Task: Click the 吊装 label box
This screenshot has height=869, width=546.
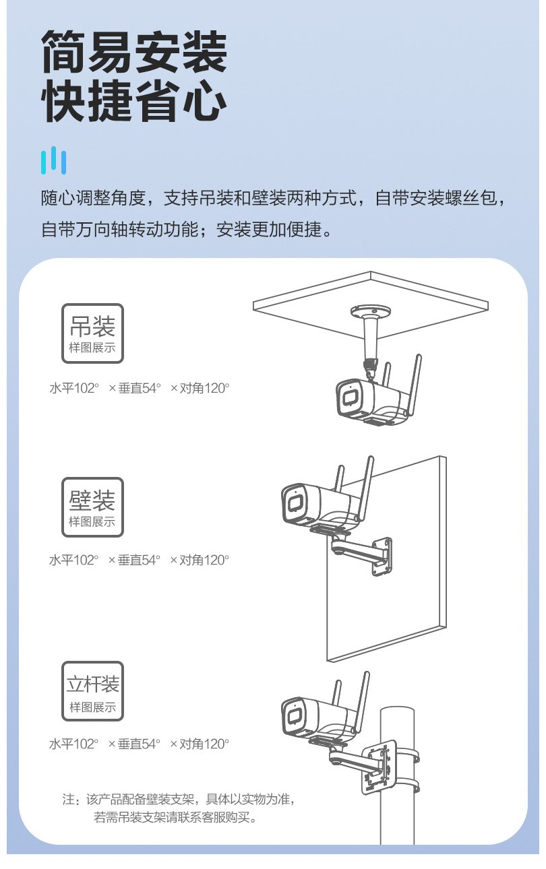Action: click(x=92, y=333)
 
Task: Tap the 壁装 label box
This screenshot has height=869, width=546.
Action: click(x=92, y=507)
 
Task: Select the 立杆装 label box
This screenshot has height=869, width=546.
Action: click(x=92, y=691)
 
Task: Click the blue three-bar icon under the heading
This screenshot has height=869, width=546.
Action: click(x=53, y=160)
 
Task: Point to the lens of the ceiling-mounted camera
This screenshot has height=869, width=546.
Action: click(x=349, y=398)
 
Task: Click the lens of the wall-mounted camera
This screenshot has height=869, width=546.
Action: click(x=295, y=503)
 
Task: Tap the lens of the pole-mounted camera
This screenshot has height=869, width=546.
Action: click(x=295, y=717)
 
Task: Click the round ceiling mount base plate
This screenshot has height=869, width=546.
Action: click(x=371, y=311)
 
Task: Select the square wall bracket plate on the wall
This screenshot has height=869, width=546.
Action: click(x=382, y=556)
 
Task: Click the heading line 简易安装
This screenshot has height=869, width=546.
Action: click(x=134, y=52)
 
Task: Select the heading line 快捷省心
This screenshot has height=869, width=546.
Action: click(x=134, y=100)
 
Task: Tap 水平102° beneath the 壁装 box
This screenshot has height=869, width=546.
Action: click(x=73, y=560)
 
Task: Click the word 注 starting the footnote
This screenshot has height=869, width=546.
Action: click(x=68, y=799)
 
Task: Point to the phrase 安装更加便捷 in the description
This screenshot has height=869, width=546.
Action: click(x=268, y=230)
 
